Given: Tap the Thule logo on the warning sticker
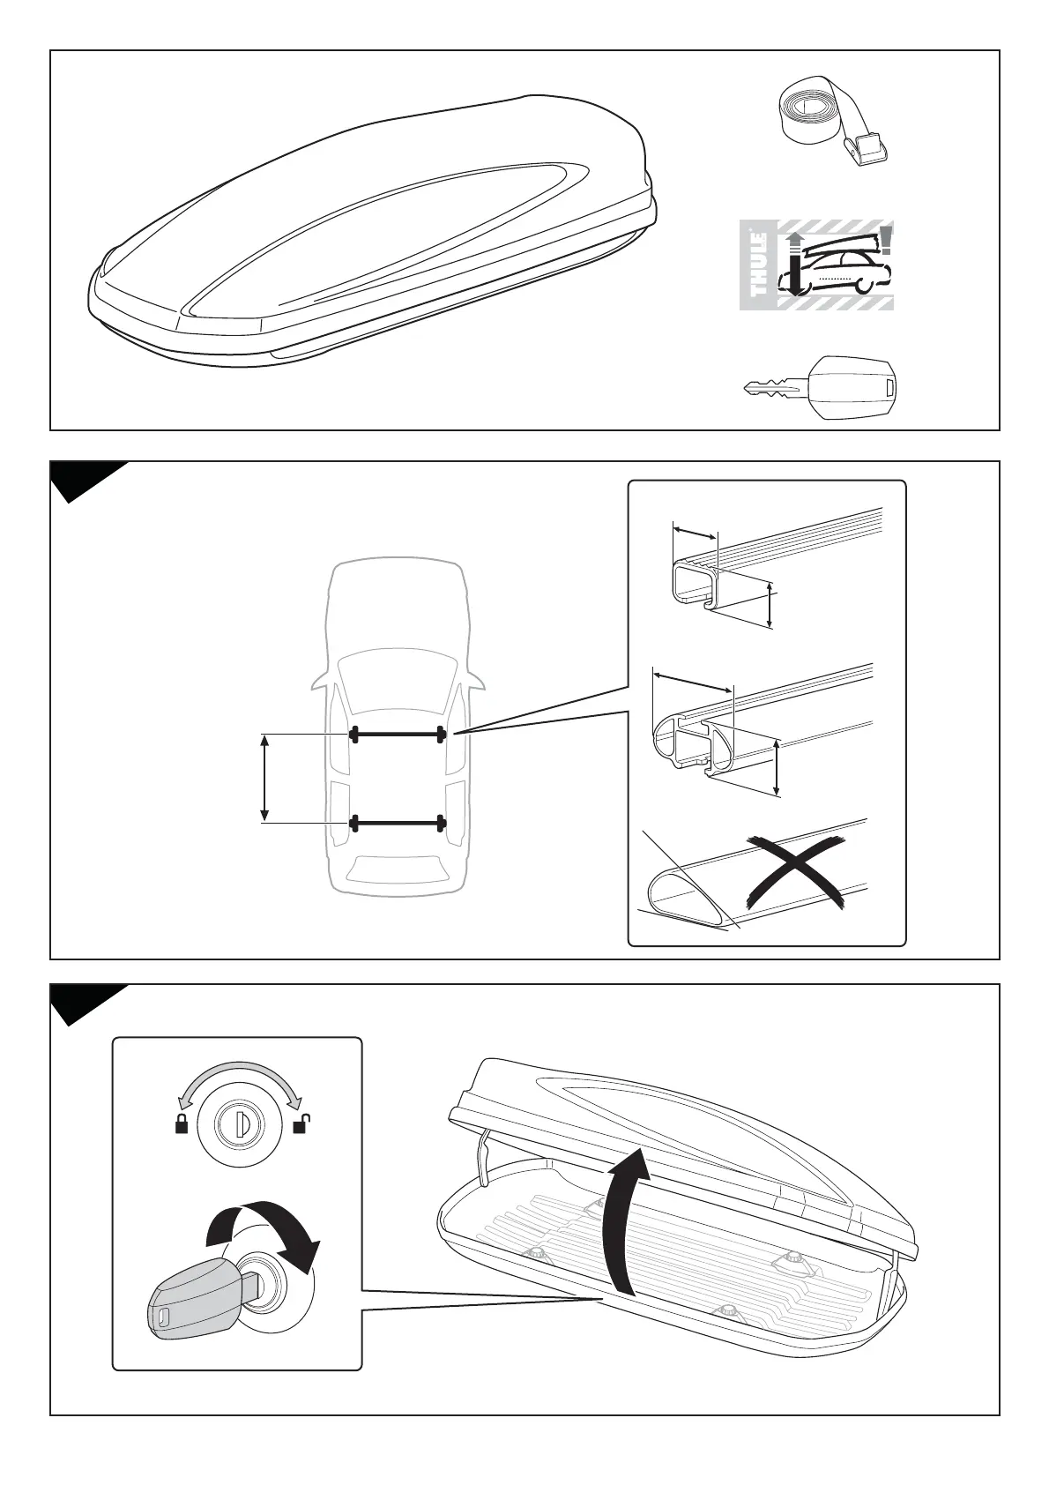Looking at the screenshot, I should pos(759,265).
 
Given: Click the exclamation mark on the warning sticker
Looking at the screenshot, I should pos(885,239).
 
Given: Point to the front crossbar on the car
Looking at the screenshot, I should pos(397,734).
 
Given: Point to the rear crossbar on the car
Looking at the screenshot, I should pos(397,824).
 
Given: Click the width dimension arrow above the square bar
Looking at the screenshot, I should pos(695,533).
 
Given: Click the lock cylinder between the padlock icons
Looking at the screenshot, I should pos(241,1124).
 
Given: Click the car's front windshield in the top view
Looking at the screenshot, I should pos(397,683).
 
